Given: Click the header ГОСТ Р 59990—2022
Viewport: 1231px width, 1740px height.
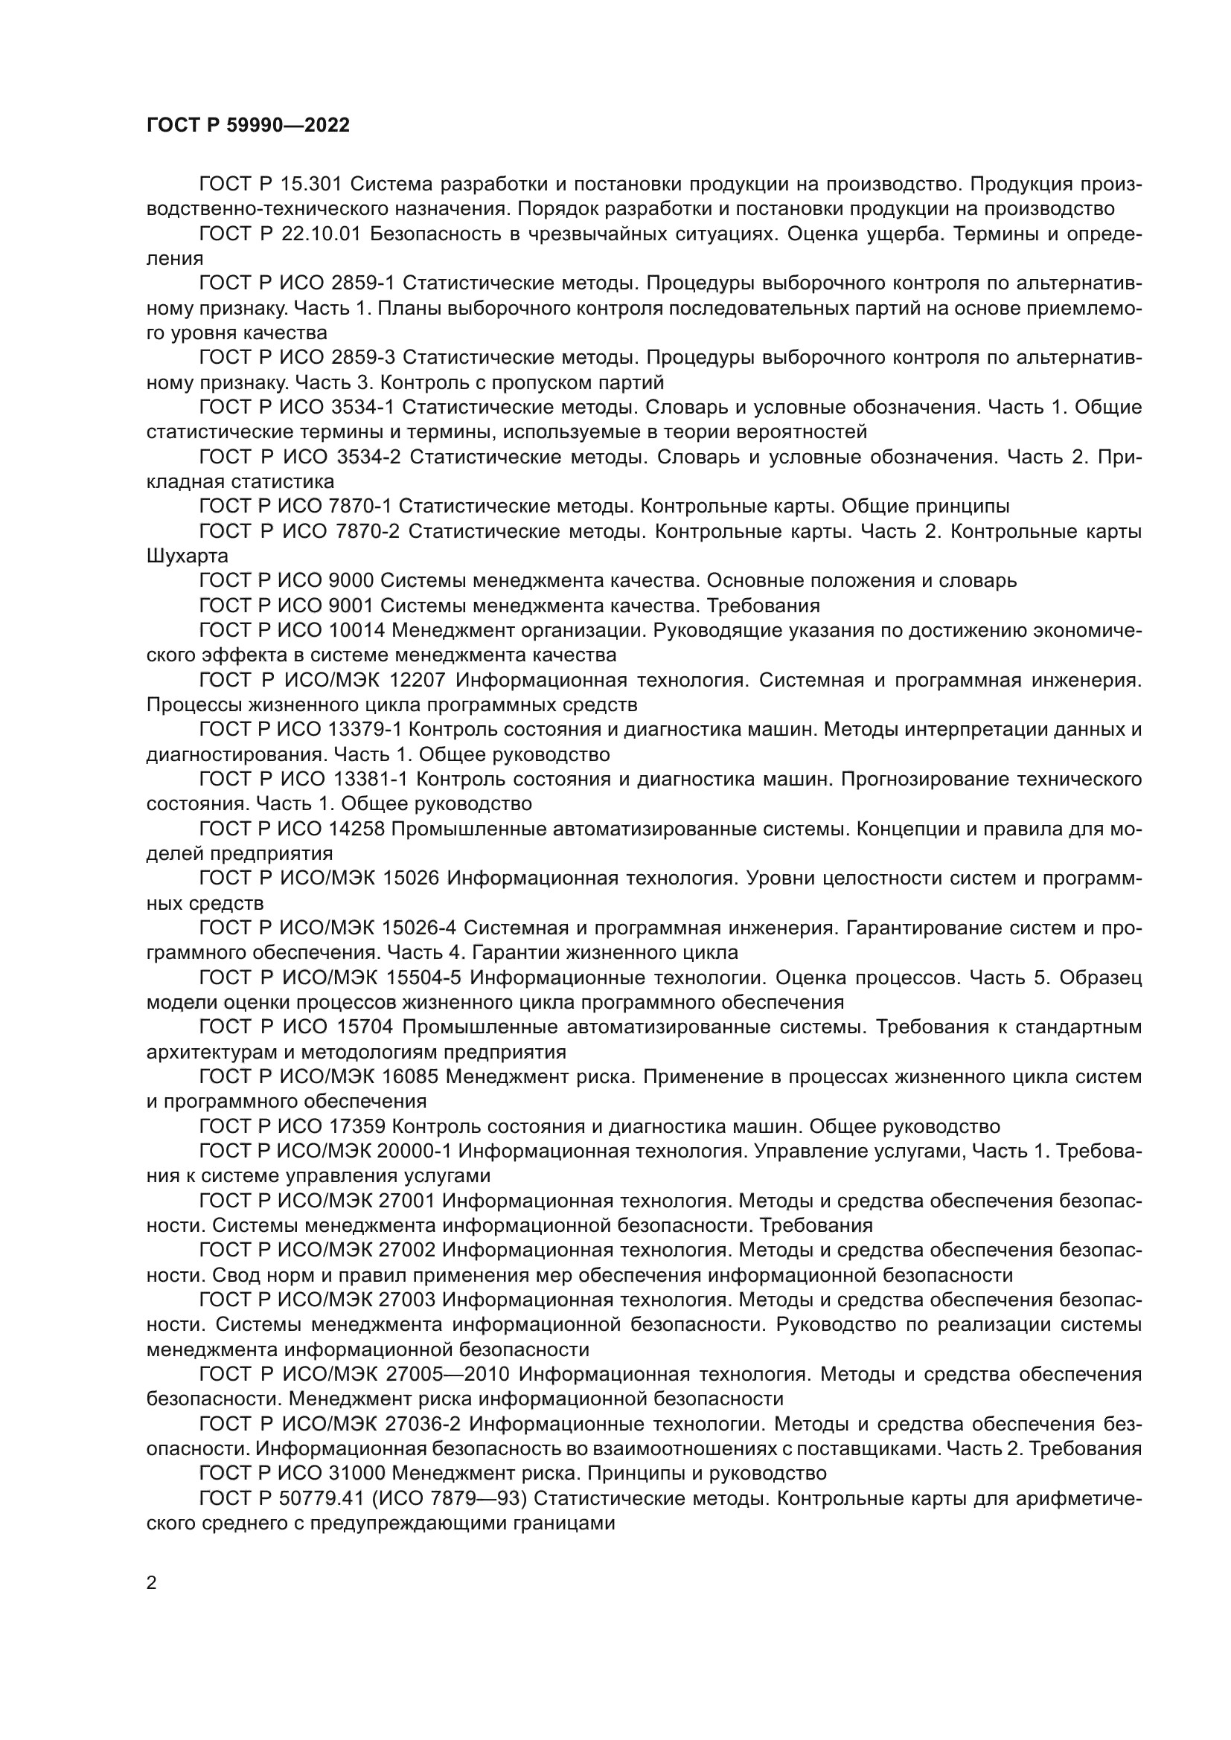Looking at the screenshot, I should tap(248, 126).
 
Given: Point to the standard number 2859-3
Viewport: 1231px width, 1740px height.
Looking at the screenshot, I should tap(364, 358).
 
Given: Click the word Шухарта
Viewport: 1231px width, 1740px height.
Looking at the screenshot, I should tap(187, 556).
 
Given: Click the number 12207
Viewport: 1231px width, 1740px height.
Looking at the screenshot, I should tap(414, 681).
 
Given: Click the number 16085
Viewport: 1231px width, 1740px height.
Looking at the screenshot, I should tap(412, 1077).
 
